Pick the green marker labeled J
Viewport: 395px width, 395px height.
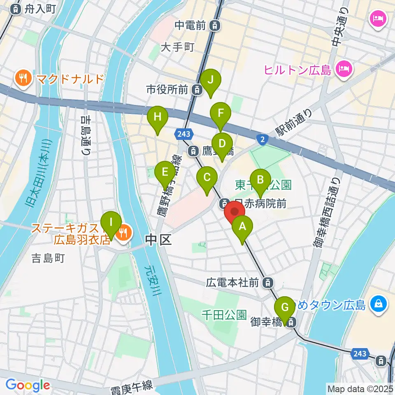tap(211, 80)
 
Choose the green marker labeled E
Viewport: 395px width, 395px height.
tap(165, 172)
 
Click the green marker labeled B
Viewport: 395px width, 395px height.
tap(260, 179)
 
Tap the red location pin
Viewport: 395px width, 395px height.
tap(235, 211)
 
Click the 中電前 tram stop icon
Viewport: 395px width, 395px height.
tap(214, 26)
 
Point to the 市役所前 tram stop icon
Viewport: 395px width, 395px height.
tap(197, 89)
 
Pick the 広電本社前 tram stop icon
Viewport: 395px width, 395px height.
tap(268, 283)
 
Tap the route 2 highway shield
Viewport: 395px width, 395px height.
tap(262, 139)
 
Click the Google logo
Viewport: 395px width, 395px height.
tap(28, 385)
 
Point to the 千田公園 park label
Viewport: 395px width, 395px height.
tap(224, 315)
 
